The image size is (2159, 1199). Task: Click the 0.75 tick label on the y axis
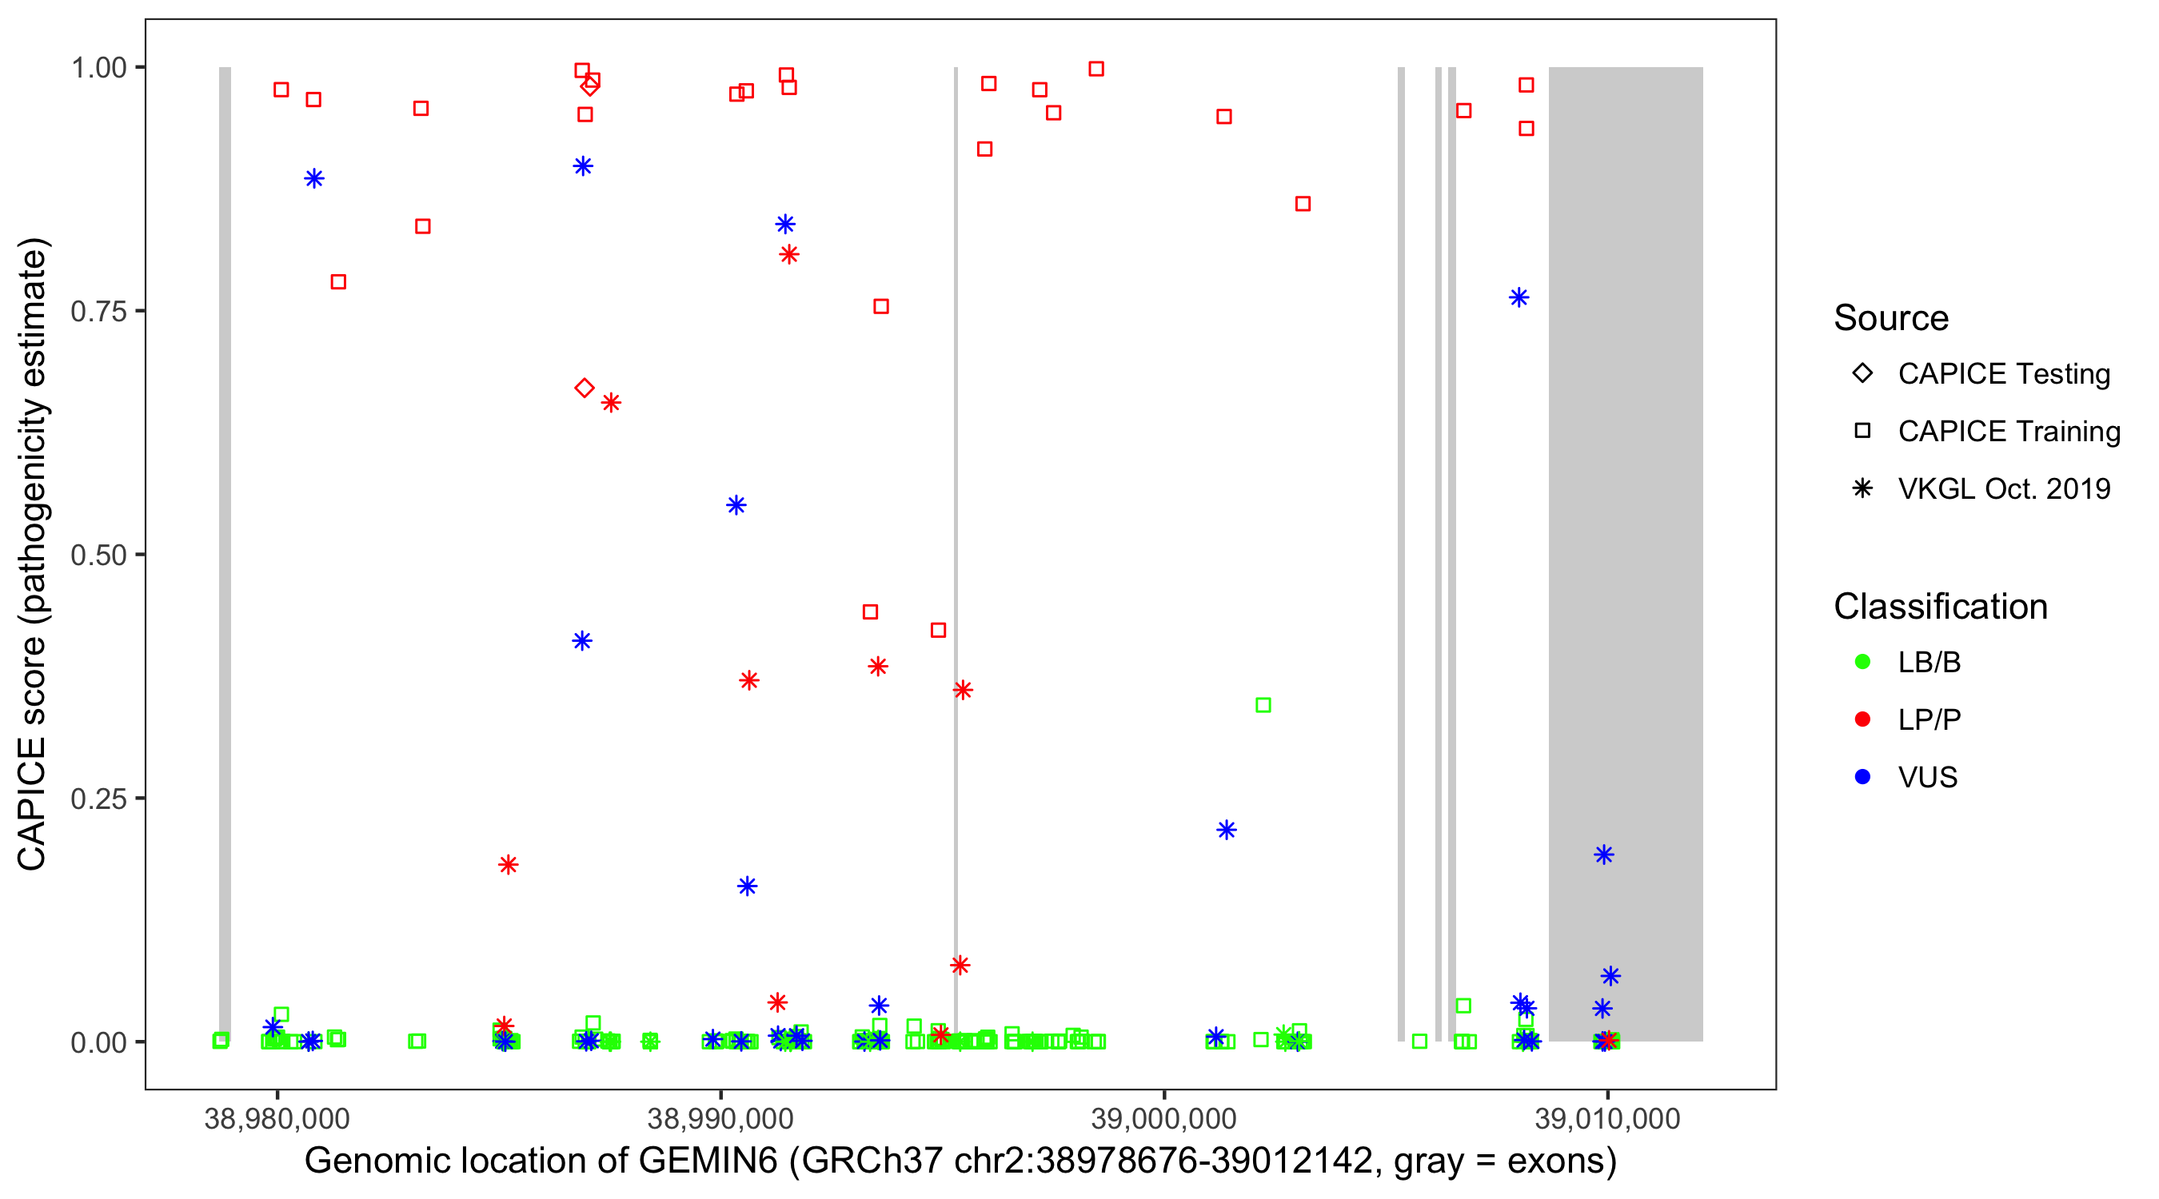(98, 311)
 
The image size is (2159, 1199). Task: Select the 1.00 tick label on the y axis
(98, 67)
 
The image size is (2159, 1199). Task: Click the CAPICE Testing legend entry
(2003, 374)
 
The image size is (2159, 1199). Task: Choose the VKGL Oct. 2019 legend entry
(2003, 488)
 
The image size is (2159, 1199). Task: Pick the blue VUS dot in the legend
(1862, 777)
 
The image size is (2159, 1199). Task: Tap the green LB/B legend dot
(1862, 662)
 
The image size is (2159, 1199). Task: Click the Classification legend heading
(1940, 607)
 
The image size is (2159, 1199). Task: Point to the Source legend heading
(1891, 318)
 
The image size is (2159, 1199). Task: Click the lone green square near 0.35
(1263, 706)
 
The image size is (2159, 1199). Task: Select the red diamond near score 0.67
(585, 388)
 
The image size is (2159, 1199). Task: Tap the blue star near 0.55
(736, 505)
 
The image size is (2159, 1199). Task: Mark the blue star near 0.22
(1226, 831)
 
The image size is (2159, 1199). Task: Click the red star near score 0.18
(508, 865)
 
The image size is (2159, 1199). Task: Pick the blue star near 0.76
(1518, 297)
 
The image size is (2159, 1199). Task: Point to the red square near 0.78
(338, 281)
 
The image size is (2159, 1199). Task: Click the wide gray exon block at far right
(1625, 503)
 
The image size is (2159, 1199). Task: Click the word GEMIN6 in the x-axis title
(708, 1161)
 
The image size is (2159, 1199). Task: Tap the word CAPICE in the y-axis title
(32, 803)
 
